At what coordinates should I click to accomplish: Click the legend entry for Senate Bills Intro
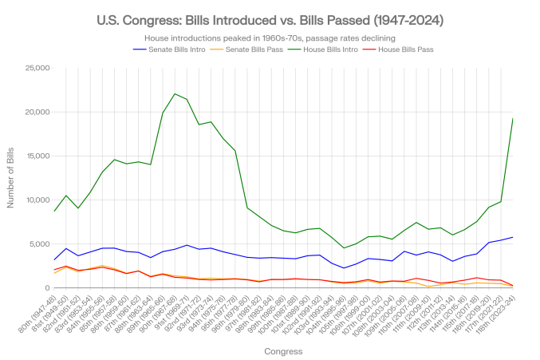(x=167, y=49)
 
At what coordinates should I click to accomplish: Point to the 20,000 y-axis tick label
(x=37, y=111)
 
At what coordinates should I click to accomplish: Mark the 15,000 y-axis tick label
(x=37, y=156)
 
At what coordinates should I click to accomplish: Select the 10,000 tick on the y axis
(x=37, y=200)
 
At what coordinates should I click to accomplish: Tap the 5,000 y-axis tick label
(x=39, y=243)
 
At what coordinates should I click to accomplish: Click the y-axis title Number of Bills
(x=11, y=177)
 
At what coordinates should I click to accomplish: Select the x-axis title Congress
(x=284, y=350)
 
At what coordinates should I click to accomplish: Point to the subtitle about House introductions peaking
(x=270, y=37)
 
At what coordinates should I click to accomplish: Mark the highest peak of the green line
(x=175, y=93)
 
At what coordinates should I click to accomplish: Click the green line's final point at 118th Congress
(x=511, y=117)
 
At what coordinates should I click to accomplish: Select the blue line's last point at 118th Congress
(x=511, y=237)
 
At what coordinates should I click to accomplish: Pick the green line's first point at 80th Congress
(x=54, y=211)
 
